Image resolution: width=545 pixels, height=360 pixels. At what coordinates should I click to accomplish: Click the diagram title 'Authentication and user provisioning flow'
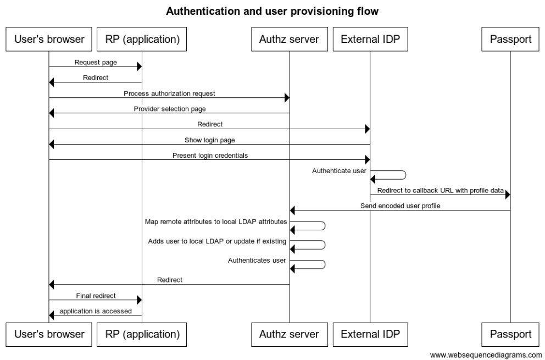(272, 11)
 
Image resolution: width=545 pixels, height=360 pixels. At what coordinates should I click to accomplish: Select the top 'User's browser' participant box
(48, 39)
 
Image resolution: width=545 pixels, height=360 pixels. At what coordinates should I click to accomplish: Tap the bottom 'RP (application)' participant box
(142, 334)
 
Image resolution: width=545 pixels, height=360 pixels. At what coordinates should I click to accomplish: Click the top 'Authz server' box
(289, 39)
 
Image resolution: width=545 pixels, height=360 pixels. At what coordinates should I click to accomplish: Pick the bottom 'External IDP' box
(370, 334)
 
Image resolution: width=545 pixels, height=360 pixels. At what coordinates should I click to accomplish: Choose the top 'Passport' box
(510, 39)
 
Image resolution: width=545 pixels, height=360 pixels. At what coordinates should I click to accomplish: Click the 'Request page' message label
(96, 63)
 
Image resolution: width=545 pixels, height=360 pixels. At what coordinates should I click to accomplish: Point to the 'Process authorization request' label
(169, 93)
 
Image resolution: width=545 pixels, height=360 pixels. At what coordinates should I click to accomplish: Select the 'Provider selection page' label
(170, 109)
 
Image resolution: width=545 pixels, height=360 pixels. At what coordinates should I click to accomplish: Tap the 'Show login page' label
(209, 140)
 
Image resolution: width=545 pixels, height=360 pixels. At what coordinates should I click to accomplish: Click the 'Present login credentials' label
(210, 156)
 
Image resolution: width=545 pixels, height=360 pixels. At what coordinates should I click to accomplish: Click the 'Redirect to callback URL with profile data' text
(440, 191)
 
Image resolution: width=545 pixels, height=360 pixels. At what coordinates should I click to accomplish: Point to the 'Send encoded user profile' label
(400, 206)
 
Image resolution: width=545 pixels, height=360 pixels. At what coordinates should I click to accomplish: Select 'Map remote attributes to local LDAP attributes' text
(216, 221)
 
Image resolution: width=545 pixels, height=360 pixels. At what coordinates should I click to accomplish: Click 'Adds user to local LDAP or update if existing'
(217, 241)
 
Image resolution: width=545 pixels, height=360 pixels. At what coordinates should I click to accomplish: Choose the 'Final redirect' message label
(96, 296)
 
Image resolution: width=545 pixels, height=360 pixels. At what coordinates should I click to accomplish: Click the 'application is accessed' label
(96, 311)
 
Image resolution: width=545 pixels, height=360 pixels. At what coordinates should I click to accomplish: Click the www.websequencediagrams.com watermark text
(485, 355)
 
